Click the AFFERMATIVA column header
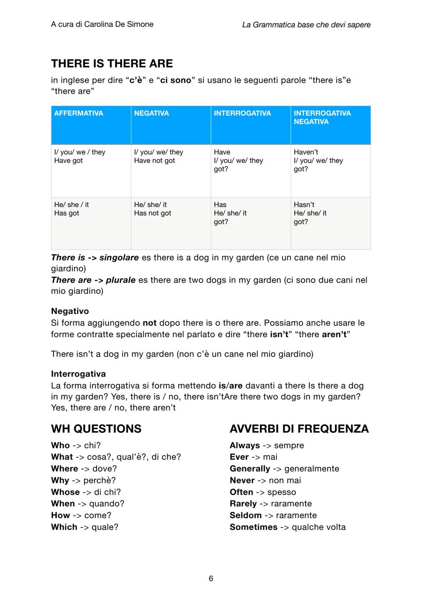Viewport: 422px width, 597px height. [x=79, y=113]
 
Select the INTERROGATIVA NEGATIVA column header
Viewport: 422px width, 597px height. [x=322, y=117]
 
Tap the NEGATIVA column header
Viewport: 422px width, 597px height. [x=151, y=113]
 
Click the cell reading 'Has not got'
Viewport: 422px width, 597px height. [x=152, y=213]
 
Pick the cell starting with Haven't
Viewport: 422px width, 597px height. [x=318, y=161]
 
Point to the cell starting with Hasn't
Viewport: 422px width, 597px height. [x=310, y=213]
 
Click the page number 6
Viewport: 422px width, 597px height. [x=211, y=578]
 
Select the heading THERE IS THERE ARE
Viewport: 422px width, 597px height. [x=112, y=64]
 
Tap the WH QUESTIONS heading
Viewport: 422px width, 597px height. [x=96, y=429]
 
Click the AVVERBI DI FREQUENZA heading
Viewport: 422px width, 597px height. [x=299, y=429]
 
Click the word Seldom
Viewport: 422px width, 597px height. [x=245, y=515]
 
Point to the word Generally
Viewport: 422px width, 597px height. [x=250, y=468]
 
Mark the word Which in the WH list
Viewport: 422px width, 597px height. [x=64, y=527]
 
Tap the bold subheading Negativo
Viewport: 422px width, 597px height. [x=70, y=311]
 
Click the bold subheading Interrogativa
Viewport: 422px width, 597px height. [x=78, y=374]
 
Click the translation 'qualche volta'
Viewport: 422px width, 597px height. [x=318, y=527]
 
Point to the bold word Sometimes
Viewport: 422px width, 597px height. [x=253, y=527]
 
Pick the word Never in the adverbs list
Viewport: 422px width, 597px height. [x=242, y=480]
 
